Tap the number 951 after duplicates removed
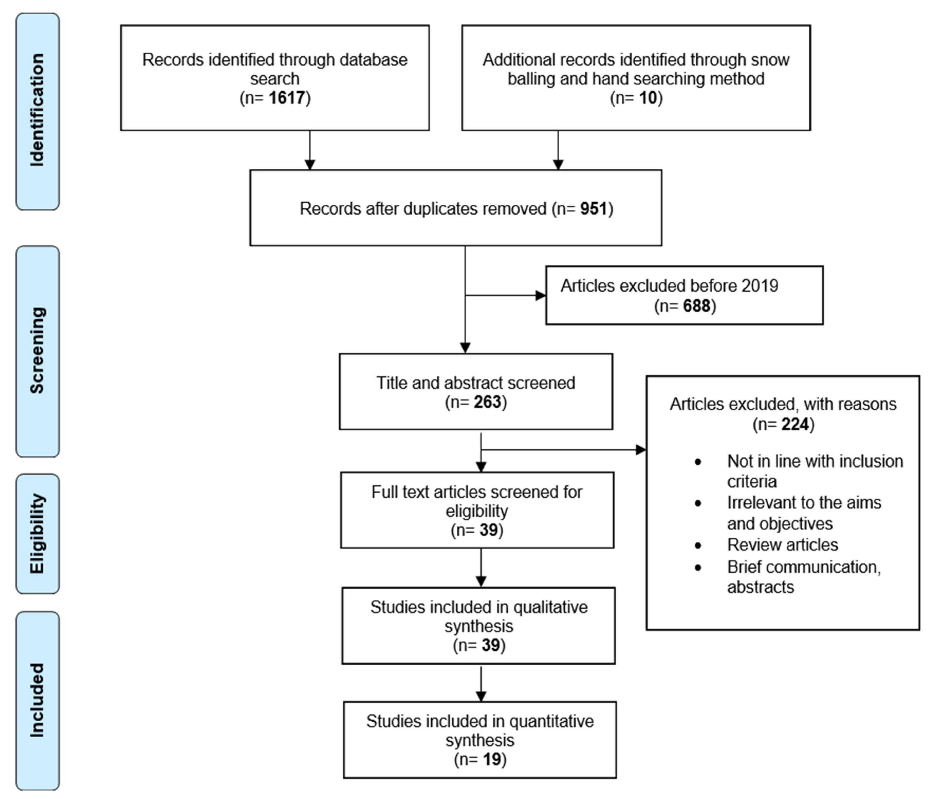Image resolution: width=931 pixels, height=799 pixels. [593, 209]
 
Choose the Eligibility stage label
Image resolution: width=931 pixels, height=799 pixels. [37, 534]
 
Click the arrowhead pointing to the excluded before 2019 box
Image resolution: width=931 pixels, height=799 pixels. [540, 295]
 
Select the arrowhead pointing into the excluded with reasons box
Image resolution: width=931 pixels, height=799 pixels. [641, 450]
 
